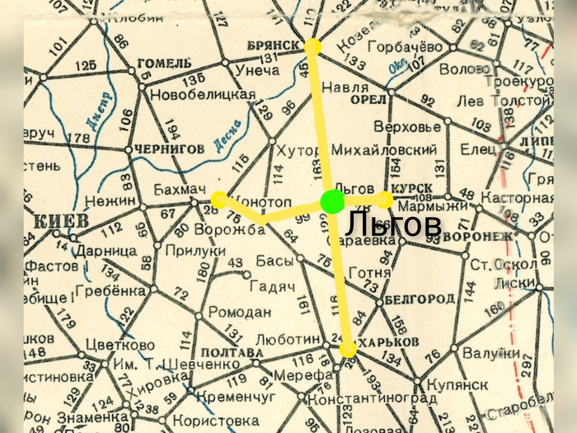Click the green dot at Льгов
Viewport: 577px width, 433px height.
point(333,200)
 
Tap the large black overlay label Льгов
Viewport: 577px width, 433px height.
point(392,223)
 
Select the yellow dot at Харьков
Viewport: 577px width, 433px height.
point(349,350)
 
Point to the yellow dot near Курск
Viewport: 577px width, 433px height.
point(385,200)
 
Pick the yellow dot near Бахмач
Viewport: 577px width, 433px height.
point(218,199)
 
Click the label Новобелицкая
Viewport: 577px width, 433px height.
point(202,94)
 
